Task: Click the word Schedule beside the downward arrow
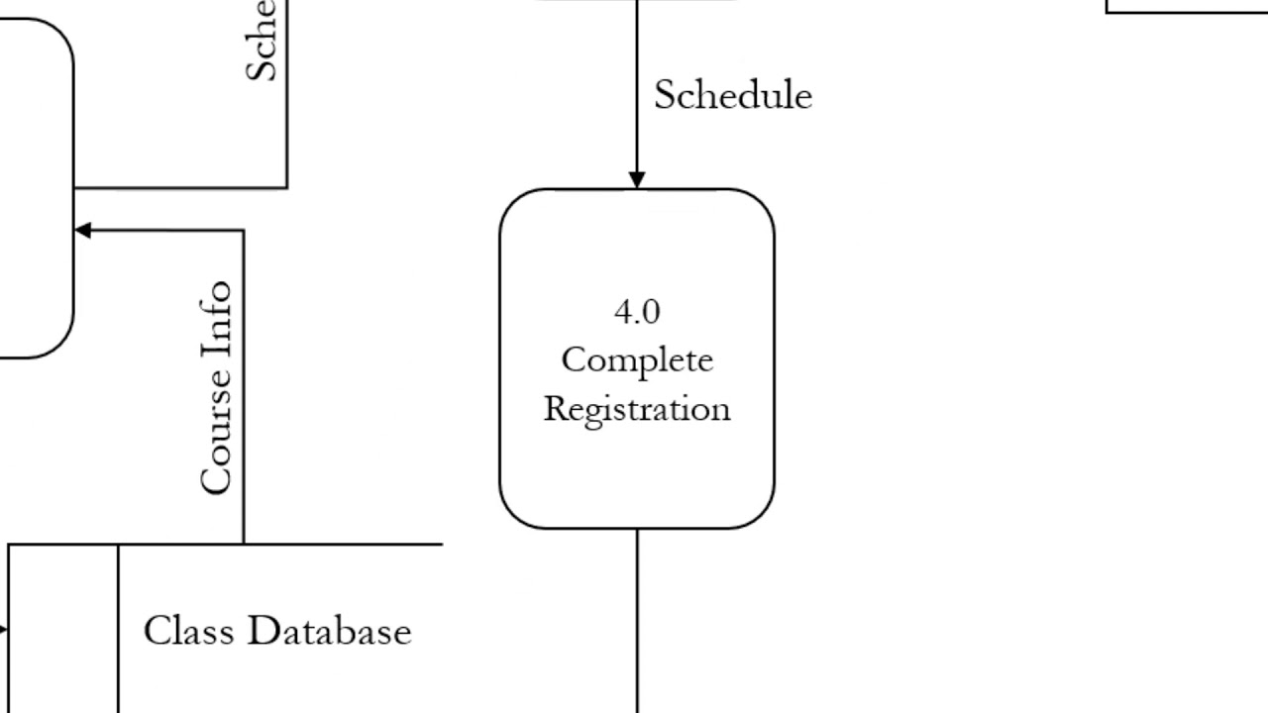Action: pyautogui.click(x=732, y=96)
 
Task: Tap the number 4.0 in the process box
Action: pyautogui.click(x=636, y=312)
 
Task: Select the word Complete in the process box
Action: pyautogui.click(x=637, y=360)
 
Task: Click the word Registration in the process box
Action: pyautogui.click(x=637, y=409)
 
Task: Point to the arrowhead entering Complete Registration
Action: pyautogui.click(x=637, y=179)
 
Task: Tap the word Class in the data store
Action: pyautogui.click(x=188, y=631)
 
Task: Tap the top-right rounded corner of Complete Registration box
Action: pyautogui.click(x=760, y=203)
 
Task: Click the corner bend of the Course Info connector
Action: pyautogui.click(x=244, y=231)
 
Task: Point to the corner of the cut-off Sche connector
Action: pyautogui.click(x=287, y=187)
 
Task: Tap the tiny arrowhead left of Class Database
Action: pyautogui.click(x=4, y=629)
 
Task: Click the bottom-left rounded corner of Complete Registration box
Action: pyautogui.click(x=514, y=514)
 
